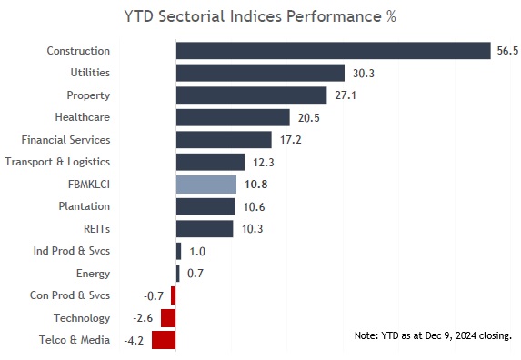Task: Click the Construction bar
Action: (333, 51)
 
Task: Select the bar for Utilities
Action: (260, 73)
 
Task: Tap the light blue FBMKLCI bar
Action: (205, 184)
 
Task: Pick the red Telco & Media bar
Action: (164, 340)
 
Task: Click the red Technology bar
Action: (168, 318)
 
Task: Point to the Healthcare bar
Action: (233, 117)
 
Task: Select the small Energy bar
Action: (178, 273)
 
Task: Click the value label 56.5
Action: (506, 51)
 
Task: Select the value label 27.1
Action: (344, 95)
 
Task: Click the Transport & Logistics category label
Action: (57, 162)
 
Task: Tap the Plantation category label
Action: (84, 206)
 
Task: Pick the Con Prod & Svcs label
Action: (70, 295)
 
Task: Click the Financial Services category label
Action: (65, 139)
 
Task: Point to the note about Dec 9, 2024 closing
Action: (433, 335)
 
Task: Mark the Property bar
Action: (251, 95)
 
